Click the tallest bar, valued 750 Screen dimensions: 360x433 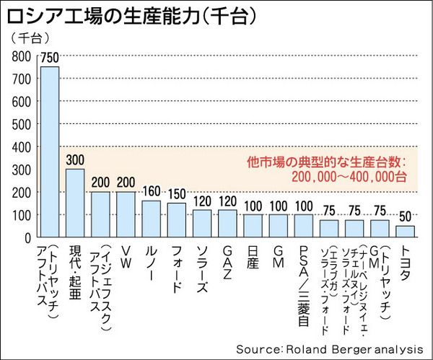click(49, 152)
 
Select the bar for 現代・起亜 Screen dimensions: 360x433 click(75, 203)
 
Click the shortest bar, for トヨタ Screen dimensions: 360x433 click(406, 231)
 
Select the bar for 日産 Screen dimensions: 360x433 click(253, 225)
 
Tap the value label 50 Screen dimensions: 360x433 click(406, 217)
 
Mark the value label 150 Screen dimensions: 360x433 click(176, 195)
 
